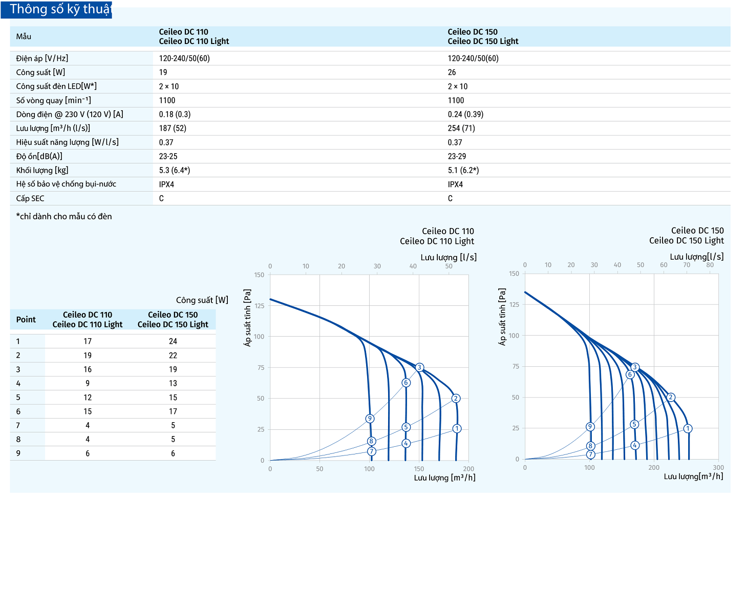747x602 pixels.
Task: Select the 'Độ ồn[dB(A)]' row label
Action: (39, 156)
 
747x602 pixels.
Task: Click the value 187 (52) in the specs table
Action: (173, 128)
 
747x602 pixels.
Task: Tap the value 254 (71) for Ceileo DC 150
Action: (461, 128)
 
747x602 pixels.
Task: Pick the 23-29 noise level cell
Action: (457, 156)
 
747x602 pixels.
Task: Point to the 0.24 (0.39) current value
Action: (465, 114)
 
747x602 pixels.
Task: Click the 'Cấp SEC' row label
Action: (30, 198)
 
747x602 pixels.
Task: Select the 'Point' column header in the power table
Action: (26, 320)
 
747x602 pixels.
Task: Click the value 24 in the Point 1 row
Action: (173, 341)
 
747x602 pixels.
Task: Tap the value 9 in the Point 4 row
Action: (88, 383)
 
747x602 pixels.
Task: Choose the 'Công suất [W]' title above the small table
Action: (202, 300)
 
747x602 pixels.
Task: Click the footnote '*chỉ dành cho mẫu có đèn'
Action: (64, 216)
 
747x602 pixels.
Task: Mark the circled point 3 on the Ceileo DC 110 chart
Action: (419, 367)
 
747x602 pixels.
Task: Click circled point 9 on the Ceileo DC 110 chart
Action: (370, 419)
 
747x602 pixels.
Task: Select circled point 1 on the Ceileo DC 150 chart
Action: (688, 428)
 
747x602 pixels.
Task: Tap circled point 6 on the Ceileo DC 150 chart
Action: (630, 375)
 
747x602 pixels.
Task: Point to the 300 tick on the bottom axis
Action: (718, 467)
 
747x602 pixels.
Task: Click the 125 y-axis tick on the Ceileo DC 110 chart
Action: (260, 306)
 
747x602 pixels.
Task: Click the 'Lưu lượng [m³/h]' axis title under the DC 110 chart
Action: (444, 478)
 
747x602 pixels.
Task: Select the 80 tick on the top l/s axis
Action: (710, 265)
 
